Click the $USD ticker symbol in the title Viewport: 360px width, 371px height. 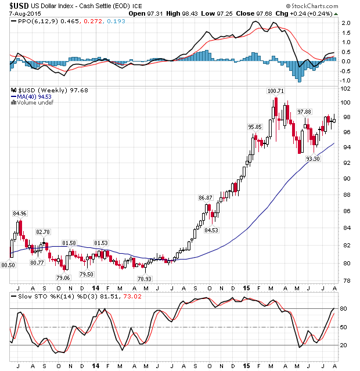[x=19, y=5]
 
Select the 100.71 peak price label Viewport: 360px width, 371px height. [x=275, y=91]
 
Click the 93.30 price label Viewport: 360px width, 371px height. [x=314, y=159]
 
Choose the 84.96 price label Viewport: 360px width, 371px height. [x=20, y=214]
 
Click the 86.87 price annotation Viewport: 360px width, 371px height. [x=206, y=197]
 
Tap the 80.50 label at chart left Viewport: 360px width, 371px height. [x=8, y=265]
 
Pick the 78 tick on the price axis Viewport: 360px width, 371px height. [x=346, y=282]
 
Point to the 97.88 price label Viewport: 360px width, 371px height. [x=305, y=111]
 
